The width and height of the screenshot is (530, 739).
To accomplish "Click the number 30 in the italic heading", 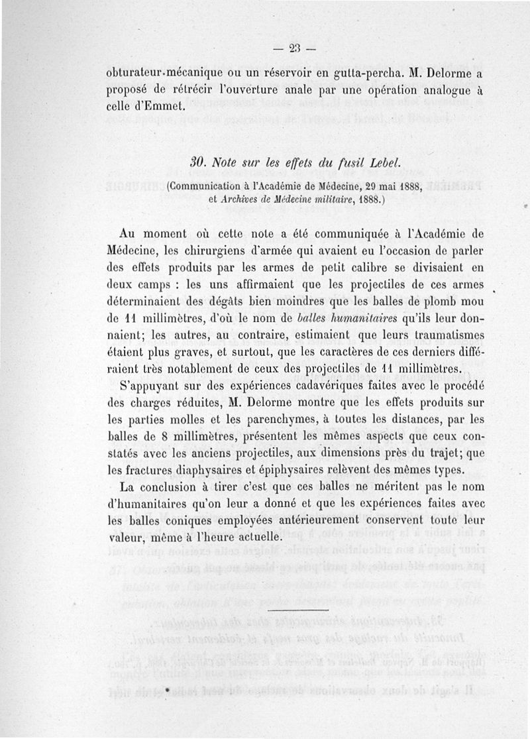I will pyautogui.click(x=197, y=162).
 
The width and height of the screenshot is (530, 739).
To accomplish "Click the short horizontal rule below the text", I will pyautogui.click(x=302, y=610).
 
